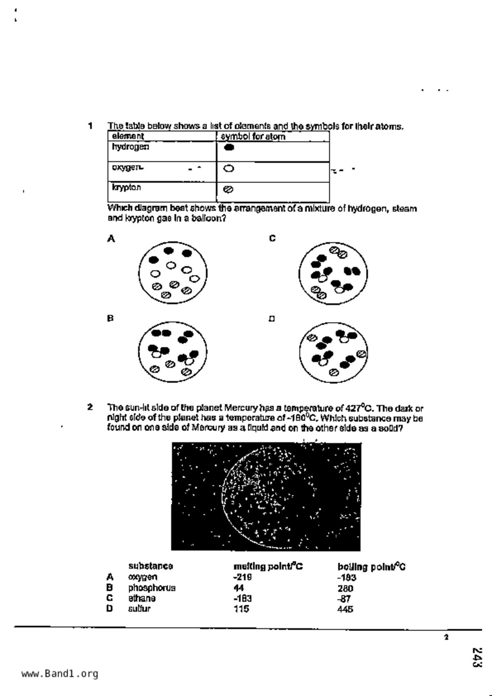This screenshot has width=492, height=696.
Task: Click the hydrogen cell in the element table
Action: [131, 147]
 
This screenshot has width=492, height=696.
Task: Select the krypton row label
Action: [126, 187]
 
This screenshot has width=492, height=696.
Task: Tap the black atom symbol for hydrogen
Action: [229, 148]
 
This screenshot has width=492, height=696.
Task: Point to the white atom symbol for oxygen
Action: [229, 169]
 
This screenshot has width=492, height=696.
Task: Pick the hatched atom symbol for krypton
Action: [228, 190]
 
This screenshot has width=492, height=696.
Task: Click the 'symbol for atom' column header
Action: [253, 137]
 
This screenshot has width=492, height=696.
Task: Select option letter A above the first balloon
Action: [111, 239]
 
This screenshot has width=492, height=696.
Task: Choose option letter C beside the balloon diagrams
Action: [272, 238]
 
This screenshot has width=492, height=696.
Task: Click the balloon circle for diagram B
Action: [173, 352]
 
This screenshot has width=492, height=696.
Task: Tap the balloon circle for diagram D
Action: [334, 352]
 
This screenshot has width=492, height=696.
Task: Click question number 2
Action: [91, 407]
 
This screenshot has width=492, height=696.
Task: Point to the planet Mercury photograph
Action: [266, 496]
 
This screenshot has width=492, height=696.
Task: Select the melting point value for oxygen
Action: [243, 577]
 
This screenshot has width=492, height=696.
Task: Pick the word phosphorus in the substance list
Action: [152, 588]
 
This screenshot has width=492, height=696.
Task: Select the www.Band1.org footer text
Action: [60, 674]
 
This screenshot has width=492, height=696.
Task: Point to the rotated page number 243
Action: [477, 658]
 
